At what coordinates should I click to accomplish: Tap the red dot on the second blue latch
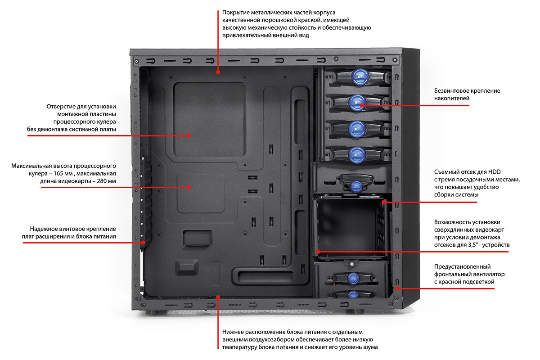pyautogui.click(x=362, y=105)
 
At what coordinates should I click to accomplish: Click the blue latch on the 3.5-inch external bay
pyautogui.click(x=357, y=185)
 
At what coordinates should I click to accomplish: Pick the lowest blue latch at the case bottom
pyautogui.click(x=353, y=295)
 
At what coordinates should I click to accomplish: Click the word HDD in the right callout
pyautogui.click(x=494, y=171)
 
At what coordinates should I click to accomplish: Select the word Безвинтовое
pyautogui.click(x=452, y=91)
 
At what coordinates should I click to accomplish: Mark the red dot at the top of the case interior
pyautogui.click(x=218, y=72)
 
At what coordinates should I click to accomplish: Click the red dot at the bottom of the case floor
pyautogui.click(x=218, y=297)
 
